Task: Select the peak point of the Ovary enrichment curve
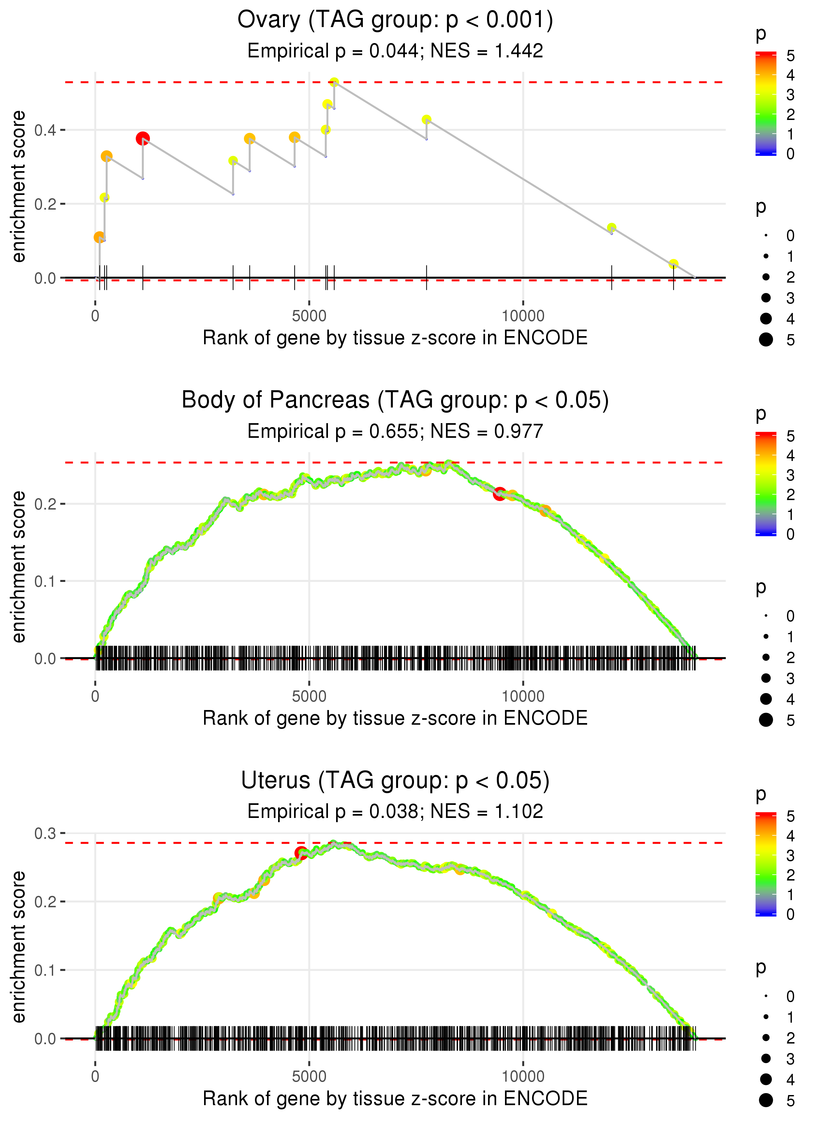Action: click(x=334, y=82)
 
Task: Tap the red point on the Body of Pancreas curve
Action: click(x=499, y=494)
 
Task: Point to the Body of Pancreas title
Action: click(x=395, y=400)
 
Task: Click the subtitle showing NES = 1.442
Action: click(x=395, y=51)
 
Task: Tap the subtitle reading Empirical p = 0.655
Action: click(x=395, y=431)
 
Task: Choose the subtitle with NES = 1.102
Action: click(x=395, y=811)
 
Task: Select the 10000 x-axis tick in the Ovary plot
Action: click(x=523, y=316)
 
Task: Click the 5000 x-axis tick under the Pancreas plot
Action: click(x=309, y=696)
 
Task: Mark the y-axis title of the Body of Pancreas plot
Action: click(x=19, y=567)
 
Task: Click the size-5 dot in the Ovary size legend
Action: click(x=766, y=340)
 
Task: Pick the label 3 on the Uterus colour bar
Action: click(x=791, y=855)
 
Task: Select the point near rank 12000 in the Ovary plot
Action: click(x=611, y=228)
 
